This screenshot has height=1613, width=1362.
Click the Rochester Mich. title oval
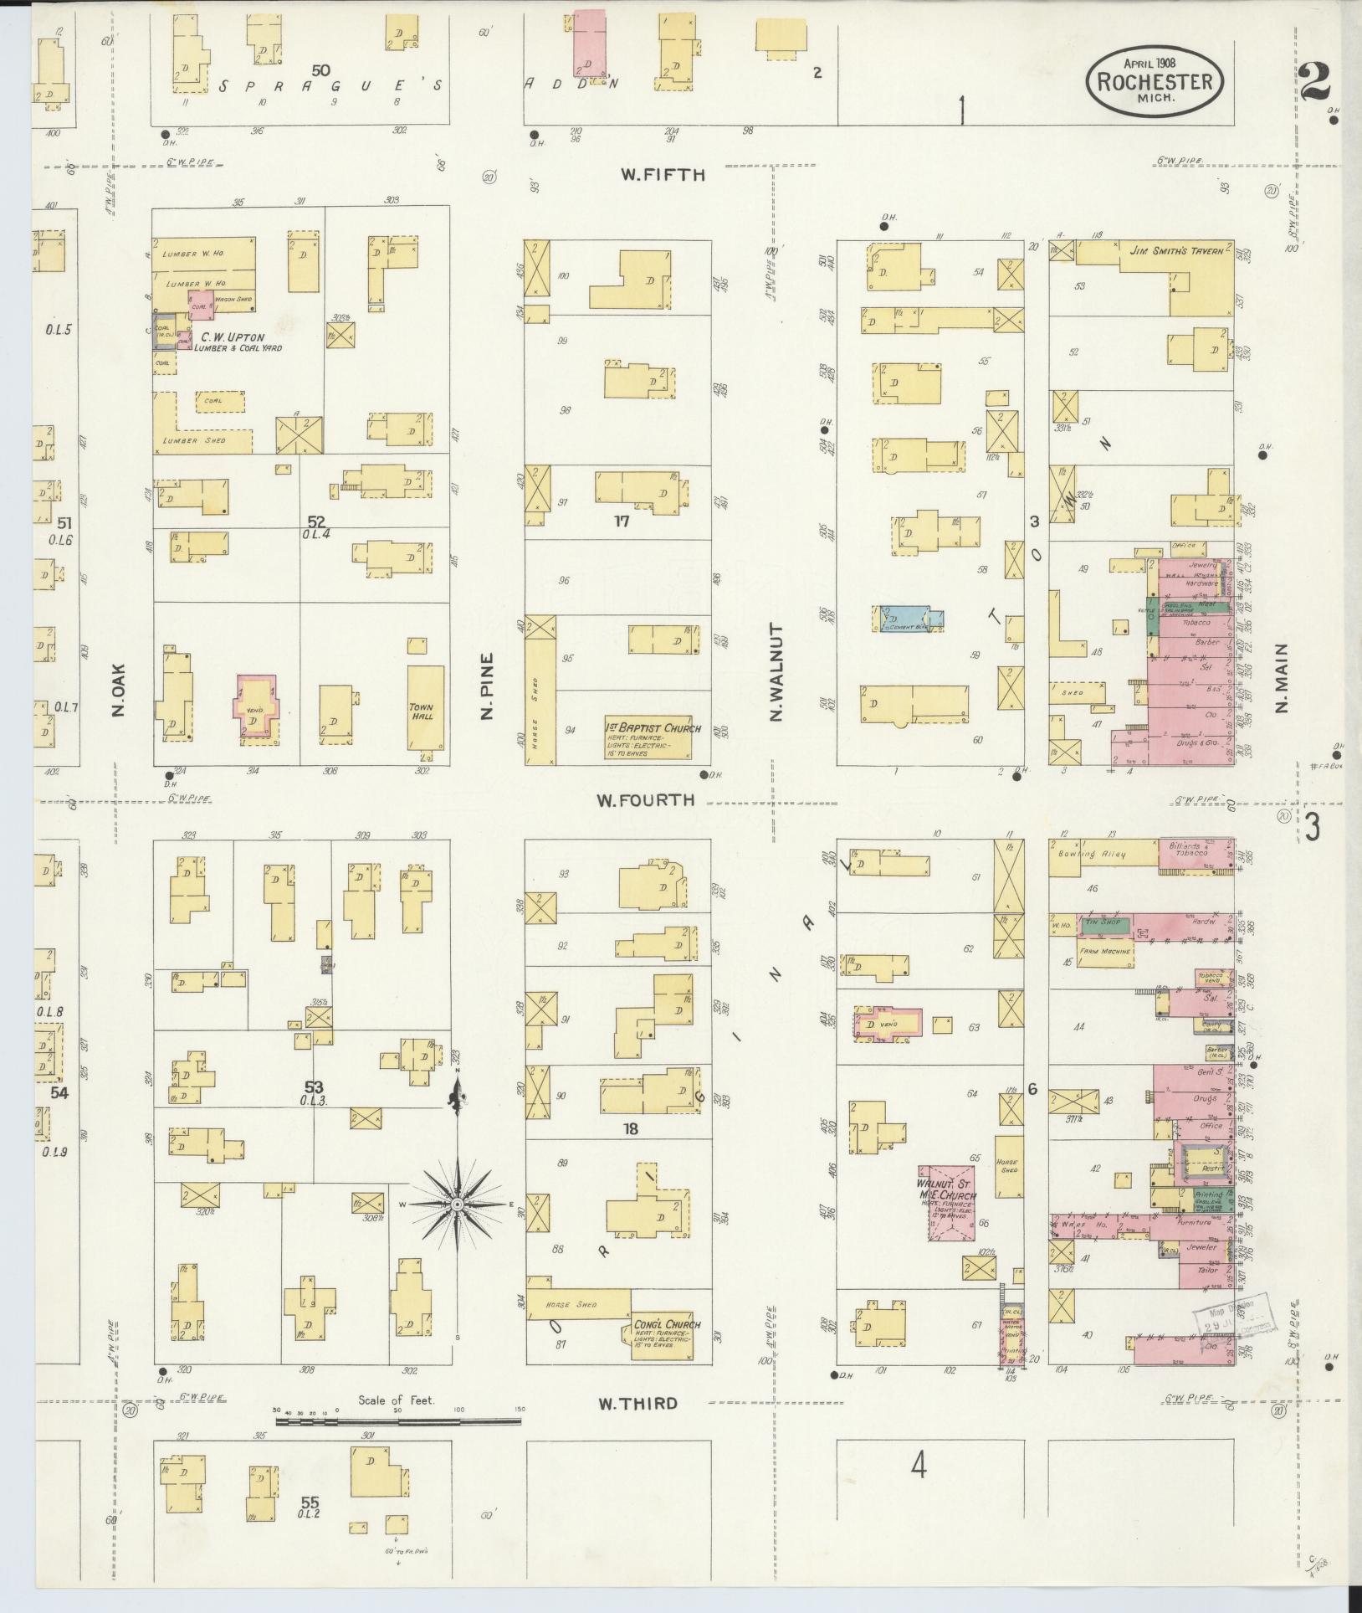1155,80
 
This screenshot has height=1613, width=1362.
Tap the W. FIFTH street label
663,175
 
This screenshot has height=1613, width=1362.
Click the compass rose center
457,1204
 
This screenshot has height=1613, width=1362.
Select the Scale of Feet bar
397,1420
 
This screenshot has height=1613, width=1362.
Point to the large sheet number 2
1316,81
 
